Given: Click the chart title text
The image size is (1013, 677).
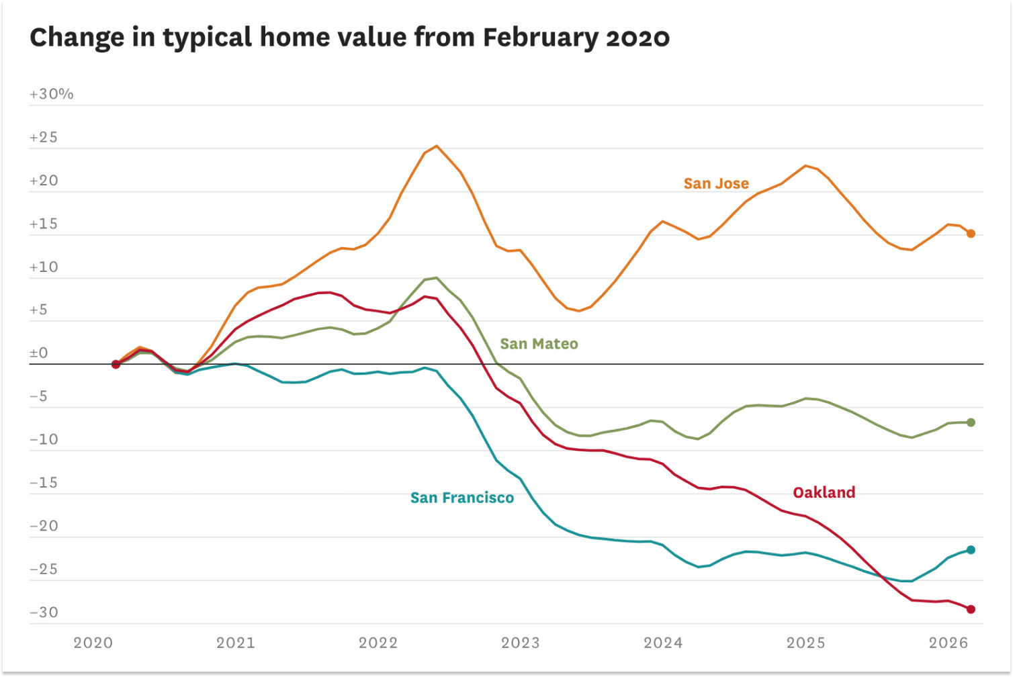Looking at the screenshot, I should pyautogui.click(x=349, y=38).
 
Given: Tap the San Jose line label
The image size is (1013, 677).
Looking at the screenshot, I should pyautogui.click(x=716, y=183).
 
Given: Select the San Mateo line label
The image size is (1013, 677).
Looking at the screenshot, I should pyautogui.click(x=539, y=344).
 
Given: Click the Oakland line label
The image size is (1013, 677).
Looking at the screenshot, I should pyautogui.click(x=824, y=492).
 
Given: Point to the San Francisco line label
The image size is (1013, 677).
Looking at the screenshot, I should pyautogui.click(x=462, y=498).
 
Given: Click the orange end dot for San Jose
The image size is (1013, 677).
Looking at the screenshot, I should pyautogui.click(x=971, y=234).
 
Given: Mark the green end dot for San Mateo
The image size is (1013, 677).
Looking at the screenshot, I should pyautogui.click(x=971, y=422).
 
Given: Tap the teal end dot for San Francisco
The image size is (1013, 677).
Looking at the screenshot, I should pyautogui.click(x=971, y=550).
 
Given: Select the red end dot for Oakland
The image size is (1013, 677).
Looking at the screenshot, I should pyautogui.click(x=971, y=609).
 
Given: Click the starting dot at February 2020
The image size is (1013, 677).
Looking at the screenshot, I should pyautogui.click(x=116, y=364).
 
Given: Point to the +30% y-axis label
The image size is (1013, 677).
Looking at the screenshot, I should pyautogui.click(x=52, y=94).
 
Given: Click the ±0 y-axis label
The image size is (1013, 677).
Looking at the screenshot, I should pyautogui.click(x=39, y=353).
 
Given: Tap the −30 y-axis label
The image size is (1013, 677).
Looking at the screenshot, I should pyautogui.click(x=44, y=613).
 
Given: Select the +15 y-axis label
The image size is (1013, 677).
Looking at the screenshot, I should pyautogui.click(x=44, y=224).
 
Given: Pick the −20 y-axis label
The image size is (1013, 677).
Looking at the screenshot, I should pyautogui.click(x=44, y=526).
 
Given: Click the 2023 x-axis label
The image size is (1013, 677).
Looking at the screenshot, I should pyautogui.click(x=521, y=643).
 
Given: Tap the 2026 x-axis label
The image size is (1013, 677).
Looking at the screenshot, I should pyautogui.click(x=949, y=643).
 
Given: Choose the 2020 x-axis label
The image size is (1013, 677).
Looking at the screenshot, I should pyautogui.click(x=93, y=643).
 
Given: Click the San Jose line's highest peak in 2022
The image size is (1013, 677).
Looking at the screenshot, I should pyautogui.click(x=437, y=146).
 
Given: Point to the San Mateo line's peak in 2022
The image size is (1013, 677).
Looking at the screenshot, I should pyautogui.click(x=437, y=277).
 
